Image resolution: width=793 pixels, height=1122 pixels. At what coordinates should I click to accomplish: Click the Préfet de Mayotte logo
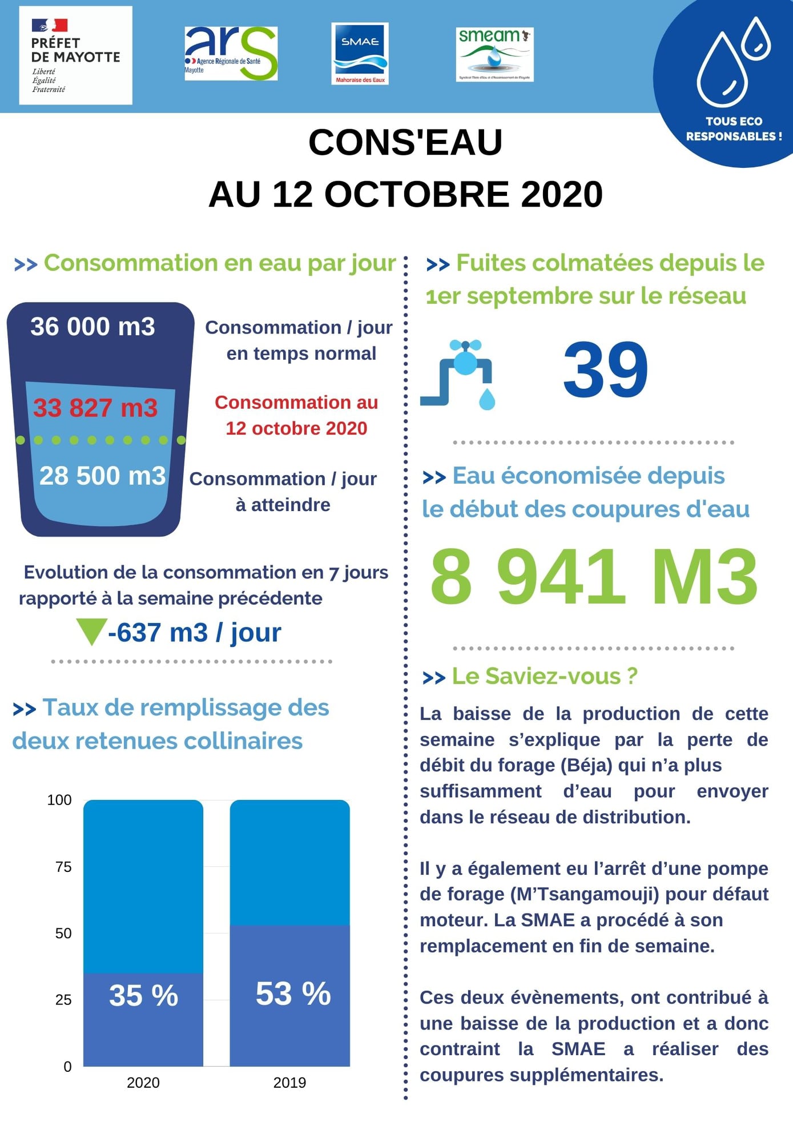[x=75, y=55]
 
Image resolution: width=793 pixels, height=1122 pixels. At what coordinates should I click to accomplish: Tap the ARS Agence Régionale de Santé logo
[x=231, y=53]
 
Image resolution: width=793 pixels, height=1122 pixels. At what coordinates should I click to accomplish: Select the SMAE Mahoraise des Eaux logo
[x=360, y=54]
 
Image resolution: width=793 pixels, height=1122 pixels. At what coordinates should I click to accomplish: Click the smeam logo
[x=494, y=54]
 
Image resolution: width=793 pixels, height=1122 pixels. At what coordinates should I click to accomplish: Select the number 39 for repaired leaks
[x=605, y=370]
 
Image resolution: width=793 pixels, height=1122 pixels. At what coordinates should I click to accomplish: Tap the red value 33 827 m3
[x=95, y=408]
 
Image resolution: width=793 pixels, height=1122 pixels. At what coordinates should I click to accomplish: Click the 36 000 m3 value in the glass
[x=92, y=327]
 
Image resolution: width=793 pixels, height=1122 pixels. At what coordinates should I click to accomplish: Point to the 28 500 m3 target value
[x=102, y=476]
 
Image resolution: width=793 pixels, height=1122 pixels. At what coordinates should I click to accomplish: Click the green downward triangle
[x=91, y=631]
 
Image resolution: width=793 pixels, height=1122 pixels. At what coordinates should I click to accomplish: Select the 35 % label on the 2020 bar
[x=143, y=995]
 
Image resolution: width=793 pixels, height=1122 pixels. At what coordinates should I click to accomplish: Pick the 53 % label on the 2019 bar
[x=293, y=994]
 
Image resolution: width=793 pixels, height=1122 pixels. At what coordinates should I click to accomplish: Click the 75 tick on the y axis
[x=63, y=867]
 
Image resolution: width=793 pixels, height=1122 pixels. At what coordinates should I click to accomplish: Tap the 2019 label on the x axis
[x=289, y=1083]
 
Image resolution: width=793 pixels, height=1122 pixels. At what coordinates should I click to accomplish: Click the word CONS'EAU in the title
[x=405, y=142]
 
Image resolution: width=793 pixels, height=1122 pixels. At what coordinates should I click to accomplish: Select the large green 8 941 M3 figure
[x=594, y=577]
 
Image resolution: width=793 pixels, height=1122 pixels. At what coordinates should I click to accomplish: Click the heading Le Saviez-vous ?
[x=544, y=676]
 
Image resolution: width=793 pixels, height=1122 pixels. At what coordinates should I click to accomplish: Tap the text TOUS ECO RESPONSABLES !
[x=734, y=128]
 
